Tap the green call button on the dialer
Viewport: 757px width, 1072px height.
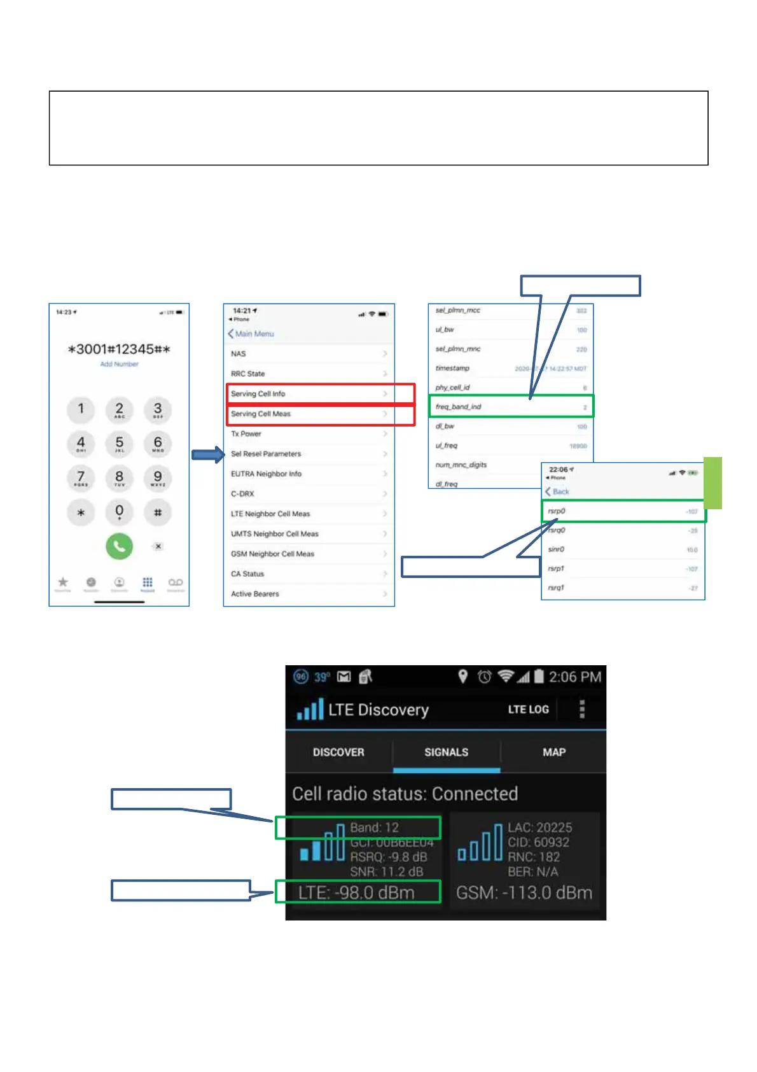tap(119, 546)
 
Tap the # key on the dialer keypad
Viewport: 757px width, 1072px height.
tap(158, 512)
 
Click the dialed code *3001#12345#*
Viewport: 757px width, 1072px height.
tap(119, 349)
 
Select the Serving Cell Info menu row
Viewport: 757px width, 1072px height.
tap(258, 394)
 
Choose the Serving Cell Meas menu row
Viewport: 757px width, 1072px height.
tap(261, 414)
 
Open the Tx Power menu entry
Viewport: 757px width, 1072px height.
tap(246, 434)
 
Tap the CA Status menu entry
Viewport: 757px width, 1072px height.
tap(247, 574)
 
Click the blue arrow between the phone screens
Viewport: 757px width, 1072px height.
tap(208, 455)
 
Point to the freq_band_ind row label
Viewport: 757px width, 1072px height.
tap(458, 407)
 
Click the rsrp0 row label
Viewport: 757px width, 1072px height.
tap(557, 511)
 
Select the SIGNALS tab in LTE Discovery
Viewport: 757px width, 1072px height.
tap(446, 752)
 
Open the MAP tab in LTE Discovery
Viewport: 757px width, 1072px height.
tap(554, 752)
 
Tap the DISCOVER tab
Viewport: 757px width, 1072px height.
tap(338, 752)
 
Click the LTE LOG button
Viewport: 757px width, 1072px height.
tap(528, 709)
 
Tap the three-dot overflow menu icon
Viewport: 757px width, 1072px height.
tap(582, 709)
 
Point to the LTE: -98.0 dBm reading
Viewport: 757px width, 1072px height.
tap(356, 892)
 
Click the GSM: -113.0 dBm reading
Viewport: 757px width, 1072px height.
tap(524, 892)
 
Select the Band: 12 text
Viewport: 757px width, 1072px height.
tap(374, 828)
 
